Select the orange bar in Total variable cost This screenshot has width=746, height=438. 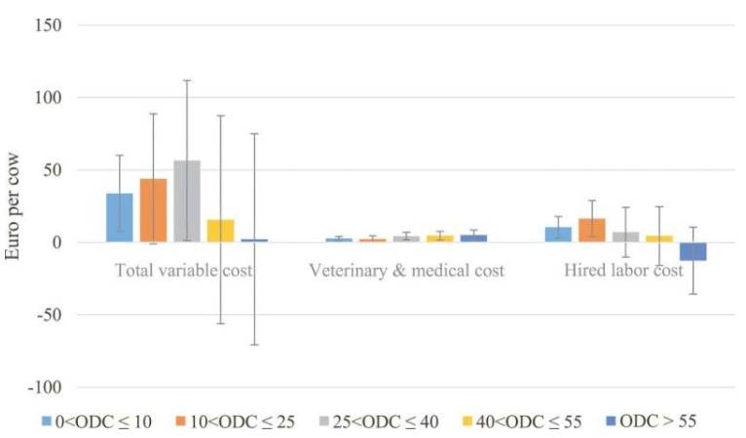(x=153, y=210)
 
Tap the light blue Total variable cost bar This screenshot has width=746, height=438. (x=120, y=217)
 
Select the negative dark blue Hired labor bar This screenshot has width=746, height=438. (x=692, y=251)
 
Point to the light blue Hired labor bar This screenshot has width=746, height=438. (x=558, y=234)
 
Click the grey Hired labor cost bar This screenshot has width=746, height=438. (x=625, y=237)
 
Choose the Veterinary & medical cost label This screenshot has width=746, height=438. (x=406, y=271)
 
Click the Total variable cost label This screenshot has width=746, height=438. (x=184, y=271)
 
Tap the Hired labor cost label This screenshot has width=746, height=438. (x=623, y=271)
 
